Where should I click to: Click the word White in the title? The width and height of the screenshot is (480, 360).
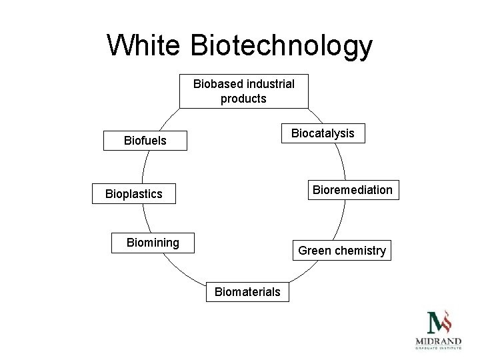pos(143,46)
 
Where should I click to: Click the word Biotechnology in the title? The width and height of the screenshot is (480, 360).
pos(281,47)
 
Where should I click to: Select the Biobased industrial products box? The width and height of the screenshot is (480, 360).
pos(243,91)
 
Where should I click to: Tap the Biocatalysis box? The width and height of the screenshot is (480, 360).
pos(323,133)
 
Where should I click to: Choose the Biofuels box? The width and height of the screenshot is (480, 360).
pos(145,141)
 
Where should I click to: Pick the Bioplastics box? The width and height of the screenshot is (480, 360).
pos(133,194)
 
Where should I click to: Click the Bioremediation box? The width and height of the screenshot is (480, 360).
pos(353,190)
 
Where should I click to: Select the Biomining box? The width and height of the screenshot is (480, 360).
pos(153,243)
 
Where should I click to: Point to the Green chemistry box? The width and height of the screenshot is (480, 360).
pos(341,251)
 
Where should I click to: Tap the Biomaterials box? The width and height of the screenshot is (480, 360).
pos(247,291)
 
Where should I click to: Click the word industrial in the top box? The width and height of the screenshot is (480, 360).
pos(270,84)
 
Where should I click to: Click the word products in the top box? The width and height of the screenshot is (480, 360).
pos(243,99)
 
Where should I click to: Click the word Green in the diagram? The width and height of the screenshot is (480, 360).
pos(312,251)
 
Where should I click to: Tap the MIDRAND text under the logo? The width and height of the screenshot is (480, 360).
pos(438,341)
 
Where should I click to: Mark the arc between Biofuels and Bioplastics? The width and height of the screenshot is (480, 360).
pos(146,167)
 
